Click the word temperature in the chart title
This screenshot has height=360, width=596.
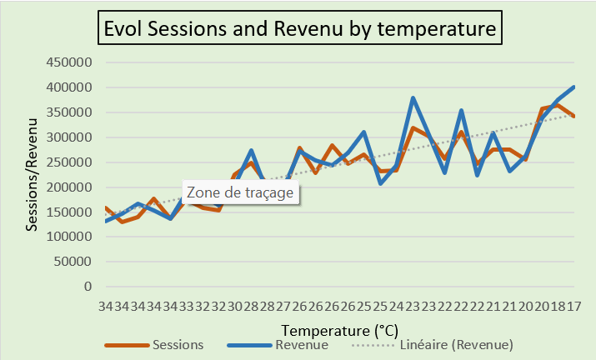tap(437, 29)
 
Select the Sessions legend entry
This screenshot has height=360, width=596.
tap(154, 345)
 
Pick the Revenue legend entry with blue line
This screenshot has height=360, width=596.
tap(278, 345)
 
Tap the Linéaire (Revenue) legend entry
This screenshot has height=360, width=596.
tap(433, 345)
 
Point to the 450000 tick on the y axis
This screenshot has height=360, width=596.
tap(69, 62)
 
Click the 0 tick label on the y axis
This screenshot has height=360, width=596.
tap(88, 287)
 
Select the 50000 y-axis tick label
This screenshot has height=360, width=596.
tap(73, 262)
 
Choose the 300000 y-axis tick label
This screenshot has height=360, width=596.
tap(69, 137)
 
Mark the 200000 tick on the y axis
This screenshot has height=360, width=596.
tap(69, 187)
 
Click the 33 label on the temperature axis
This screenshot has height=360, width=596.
tap(187, 306)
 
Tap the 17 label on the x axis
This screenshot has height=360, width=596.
tap(574, 306)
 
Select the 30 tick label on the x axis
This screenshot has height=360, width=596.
tap(235, 306)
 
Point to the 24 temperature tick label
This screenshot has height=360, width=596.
tap(397, 306)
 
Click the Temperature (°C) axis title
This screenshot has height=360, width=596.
tap(340, 331)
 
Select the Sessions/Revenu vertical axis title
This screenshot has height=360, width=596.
tap(32, 174)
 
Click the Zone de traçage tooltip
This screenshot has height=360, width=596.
tap(240, 192)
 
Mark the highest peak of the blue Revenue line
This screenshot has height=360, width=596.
tap(573, 87)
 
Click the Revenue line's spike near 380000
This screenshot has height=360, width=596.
tap(413, 98)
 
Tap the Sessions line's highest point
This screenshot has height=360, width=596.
tap(557, 106)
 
